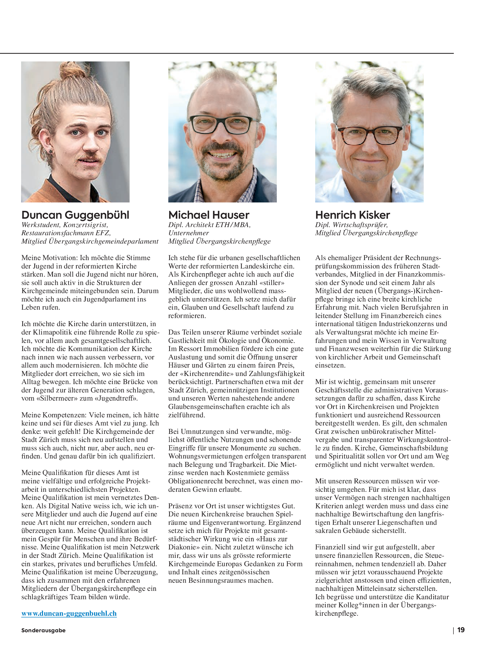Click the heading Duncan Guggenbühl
point(75,215)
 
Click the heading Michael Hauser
point(209,215)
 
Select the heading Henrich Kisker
point(352,215)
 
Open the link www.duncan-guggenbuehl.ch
point(69,613)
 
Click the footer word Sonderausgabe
point(43,630)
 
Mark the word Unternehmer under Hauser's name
point(188,233)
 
